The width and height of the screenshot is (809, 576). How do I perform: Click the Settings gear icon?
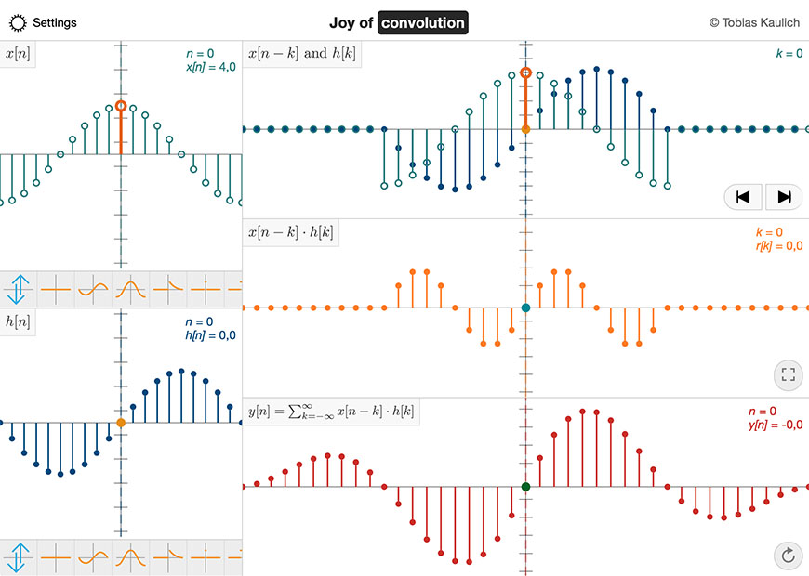point(19,22)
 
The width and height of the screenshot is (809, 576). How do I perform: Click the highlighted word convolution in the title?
point(422,22)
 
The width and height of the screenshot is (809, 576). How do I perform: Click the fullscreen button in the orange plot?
point(789,375)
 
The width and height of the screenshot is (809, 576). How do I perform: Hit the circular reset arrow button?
point(789,556)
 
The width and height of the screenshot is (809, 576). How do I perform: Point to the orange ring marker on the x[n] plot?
point(121,107)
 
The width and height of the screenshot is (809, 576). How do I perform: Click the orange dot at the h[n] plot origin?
point(121,423)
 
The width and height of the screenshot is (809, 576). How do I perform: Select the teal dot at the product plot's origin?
point(525,308)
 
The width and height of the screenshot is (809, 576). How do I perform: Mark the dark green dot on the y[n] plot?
point(525,487)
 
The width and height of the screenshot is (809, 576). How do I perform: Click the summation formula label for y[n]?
point(331,412)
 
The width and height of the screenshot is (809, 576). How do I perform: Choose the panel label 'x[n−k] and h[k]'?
point(302,53)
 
